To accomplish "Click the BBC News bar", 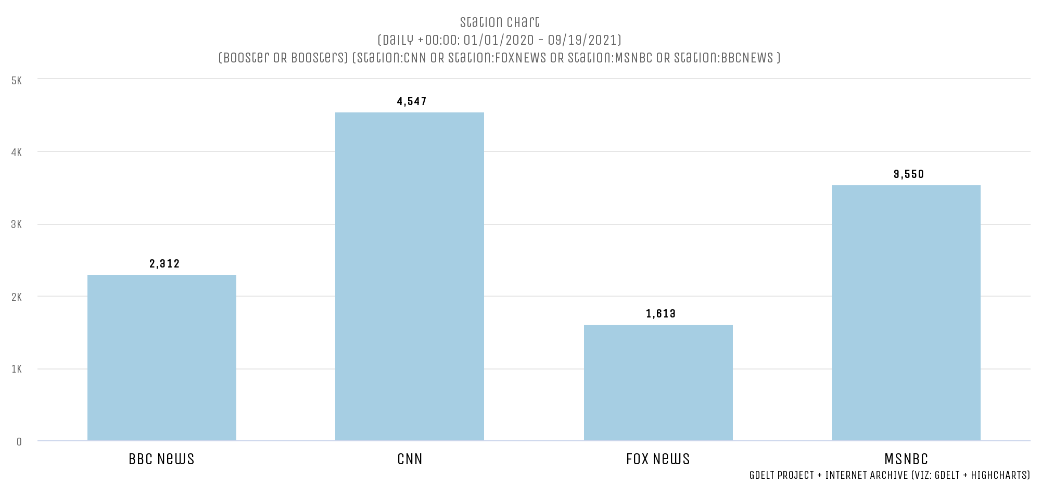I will [x=161, y=358].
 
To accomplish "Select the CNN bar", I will [x=409, y=276].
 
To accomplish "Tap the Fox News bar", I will [x=658, y=383].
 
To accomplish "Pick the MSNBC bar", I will [x=906, y=313].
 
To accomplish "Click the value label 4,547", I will [x=412, y=101].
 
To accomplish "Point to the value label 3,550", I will [x=909, y=174].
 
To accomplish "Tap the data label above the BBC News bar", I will [x=164, y=264].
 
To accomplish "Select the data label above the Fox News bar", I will [x=661, y=314].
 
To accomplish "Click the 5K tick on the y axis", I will [x=17, y=81].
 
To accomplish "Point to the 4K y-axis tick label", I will [x=17, y=152].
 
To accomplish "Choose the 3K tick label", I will [x=17, y=225].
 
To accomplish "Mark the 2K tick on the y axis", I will [x=17, y=297].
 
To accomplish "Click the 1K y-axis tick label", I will [x=17, y=370].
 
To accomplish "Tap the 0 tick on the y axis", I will [x=19, y=442].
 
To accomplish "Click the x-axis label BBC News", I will [x=161, y=459].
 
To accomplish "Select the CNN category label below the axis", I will [x=410, y=459].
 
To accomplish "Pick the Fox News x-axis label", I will [x=658, y=459].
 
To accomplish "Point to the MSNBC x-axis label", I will [x=906, y=459].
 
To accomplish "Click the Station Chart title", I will [x=500, y=22].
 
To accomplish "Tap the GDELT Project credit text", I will [x=890, y=475].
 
